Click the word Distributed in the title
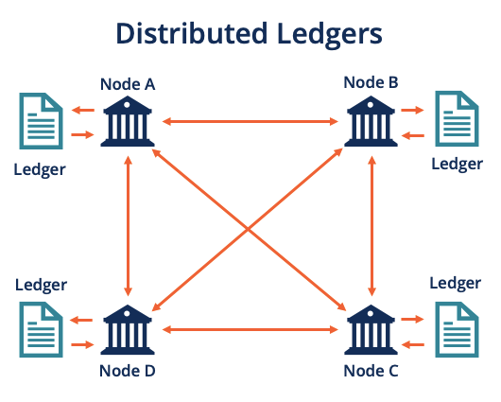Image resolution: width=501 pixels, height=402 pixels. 195,34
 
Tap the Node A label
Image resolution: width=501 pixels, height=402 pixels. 127,84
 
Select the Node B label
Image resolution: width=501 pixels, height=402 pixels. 371,82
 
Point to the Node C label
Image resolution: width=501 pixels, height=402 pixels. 371,370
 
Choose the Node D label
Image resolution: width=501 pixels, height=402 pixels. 127,370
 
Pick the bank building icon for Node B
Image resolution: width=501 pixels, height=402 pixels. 371,121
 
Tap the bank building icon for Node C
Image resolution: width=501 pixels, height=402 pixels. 371,330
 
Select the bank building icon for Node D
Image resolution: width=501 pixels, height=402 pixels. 127,330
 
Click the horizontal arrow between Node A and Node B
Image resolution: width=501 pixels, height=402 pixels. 250,122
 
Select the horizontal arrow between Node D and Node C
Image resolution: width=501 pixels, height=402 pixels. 250,330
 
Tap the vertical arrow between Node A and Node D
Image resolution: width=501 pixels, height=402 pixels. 127,226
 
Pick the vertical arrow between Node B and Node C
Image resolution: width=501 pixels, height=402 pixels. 371,226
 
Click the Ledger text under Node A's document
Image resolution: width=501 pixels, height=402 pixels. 40,170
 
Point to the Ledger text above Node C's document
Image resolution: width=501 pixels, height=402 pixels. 455,283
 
